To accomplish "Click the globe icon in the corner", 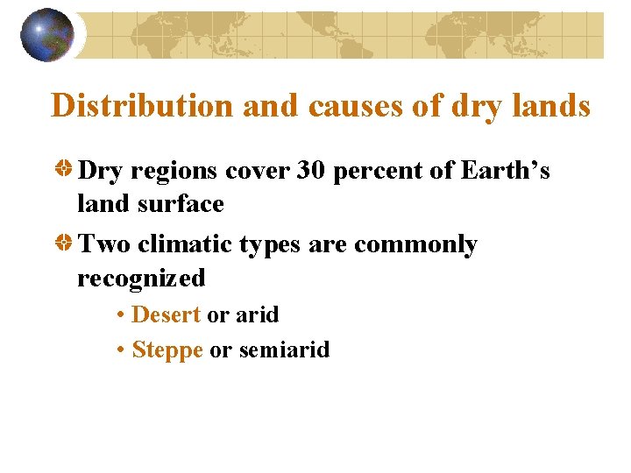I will [x=46, y=35].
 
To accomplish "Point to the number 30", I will [x=312, y=170].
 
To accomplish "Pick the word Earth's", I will [x=502, y=170].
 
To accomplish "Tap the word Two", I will [x=104, y=244].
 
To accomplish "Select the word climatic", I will [x=183, y=244].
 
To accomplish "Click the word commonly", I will [x=415, y=244].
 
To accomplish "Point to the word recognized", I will [x=141, y=279].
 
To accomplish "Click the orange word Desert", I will [x=166, y=314].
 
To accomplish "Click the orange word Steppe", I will [x=167, y=350].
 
